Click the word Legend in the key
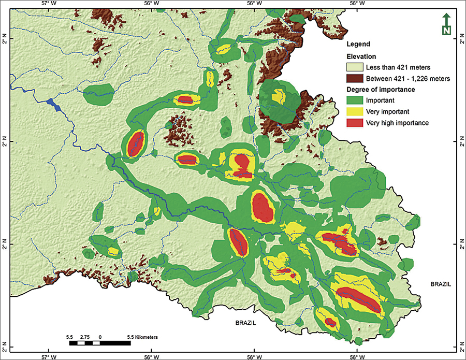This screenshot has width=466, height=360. (x=358, y=45)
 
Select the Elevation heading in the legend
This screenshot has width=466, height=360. (x=361, y=56)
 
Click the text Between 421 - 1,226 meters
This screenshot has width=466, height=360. (x=407, y=79)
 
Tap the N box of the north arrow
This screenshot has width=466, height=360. (x=446, y=31)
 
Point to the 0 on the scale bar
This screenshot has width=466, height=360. (x=99, y=337)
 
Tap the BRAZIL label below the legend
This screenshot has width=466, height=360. (x=441, y=284)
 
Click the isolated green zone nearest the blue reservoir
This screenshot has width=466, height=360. (x=98, y=94)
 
